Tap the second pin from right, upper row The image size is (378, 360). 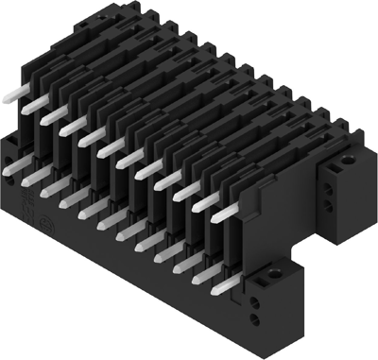click(197, 201)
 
